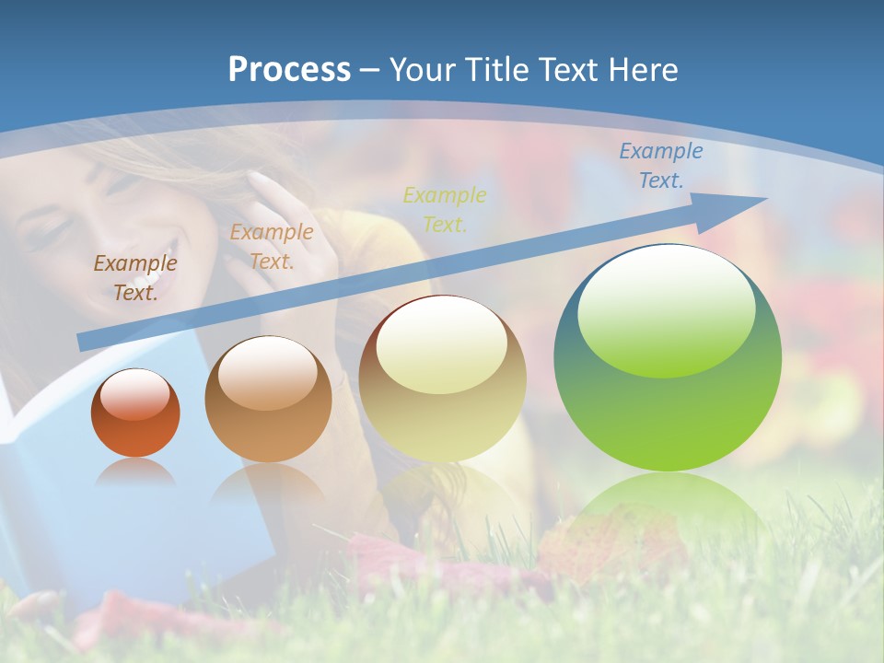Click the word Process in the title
[289, 70]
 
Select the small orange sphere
[135, 413]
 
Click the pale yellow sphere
[442, 378]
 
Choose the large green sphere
[667, 359]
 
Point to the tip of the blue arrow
[764, 199]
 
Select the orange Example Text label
[271, 247]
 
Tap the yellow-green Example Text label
[445, 209]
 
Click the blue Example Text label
[660, 166]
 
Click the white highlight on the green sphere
[666, 308]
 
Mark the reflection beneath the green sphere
[667, 502]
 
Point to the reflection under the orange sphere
[135, 472]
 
